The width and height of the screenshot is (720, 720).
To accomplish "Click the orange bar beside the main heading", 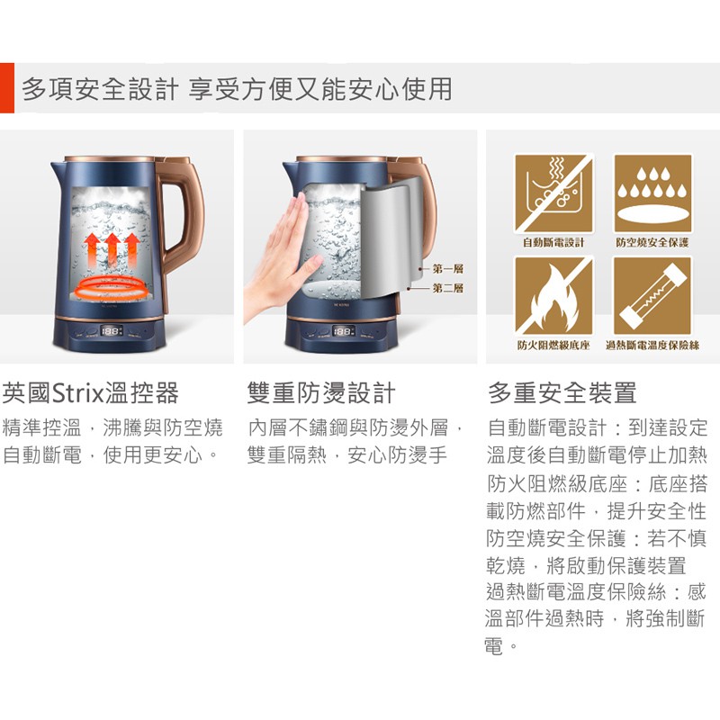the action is [7, 87].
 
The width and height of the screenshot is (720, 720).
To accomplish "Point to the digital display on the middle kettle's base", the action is [344, 331].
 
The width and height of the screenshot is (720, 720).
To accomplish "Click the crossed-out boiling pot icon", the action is [553, 193].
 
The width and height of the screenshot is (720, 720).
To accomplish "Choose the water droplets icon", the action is [652, 193].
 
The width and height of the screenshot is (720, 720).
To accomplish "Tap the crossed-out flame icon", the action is [553, 296].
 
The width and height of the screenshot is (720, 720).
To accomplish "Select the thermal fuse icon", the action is [652, 296].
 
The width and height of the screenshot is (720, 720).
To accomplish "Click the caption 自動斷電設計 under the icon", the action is [553, 242].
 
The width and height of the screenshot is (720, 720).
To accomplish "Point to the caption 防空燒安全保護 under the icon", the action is [652, 242].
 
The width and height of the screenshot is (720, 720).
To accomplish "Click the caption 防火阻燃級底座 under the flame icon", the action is [553, 346].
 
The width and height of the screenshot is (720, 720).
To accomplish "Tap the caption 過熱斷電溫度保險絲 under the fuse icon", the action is [652, 346].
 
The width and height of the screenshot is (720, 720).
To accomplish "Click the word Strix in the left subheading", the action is [78, 393].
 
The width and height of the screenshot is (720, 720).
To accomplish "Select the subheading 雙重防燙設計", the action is [321, 393].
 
